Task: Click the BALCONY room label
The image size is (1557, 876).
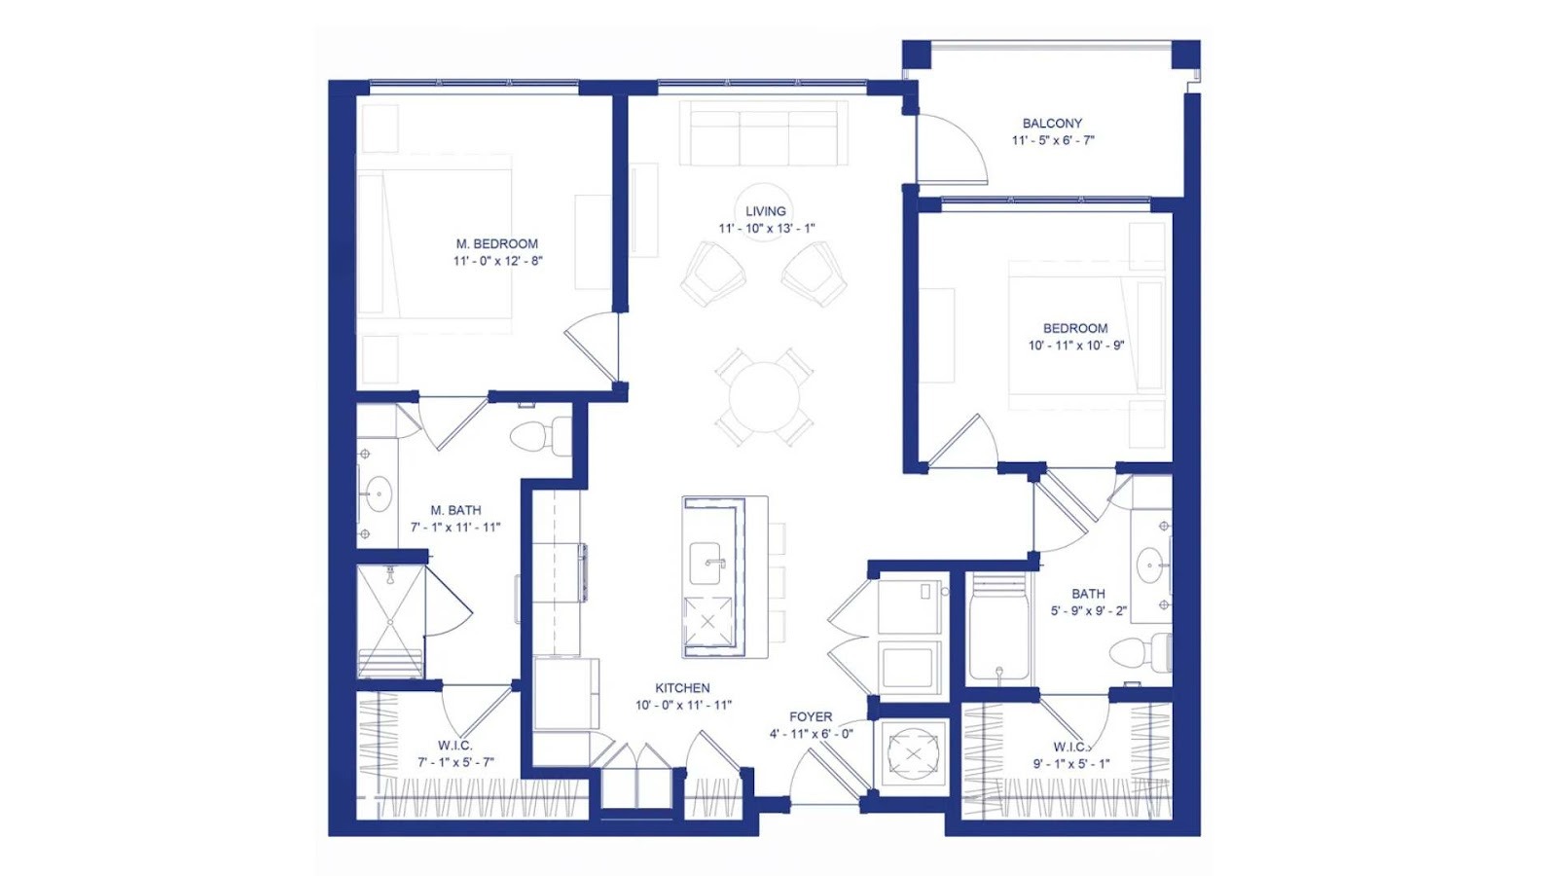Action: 1052,123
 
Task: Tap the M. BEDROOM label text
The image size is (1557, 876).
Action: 497,244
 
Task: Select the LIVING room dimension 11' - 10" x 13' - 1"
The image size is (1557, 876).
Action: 767,228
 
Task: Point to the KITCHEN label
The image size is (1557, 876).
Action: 682,687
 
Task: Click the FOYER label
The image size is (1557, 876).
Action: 811,716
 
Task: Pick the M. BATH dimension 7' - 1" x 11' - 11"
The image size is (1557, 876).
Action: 455,527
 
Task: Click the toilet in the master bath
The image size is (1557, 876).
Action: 540,437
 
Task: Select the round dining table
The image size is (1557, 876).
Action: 765,397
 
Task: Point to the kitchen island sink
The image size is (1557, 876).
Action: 705,564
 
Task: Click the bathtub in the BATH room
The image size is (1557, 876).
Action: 998,628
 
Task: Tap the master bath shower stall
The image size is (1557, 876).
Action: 390,622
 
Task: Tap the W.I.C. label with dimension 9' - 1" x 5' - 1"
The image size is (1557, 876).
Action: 1071,755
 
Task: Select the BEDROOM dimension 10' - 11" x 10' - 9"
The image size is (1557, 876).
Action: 1076,345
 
